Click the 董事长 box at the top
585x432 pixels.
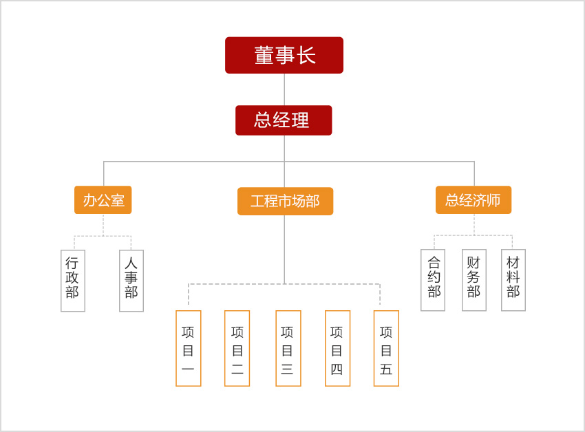[x=284, y=55]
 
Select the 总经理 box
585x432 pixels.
[x=284, y=120]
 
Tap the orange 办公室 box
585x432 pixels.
[x=103, y=200]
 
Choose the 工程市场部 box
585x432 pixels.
[x=285, y=201]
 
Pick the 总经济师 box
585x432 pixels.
[x=474, y=200]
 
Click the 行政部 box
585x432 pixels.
[x=73, y=281]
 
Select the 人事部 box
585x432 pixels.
[x=131, y=281]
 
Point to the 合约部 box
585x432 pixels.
[x=433, y=280]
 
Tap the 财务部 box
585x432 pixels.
[x=474, y=280]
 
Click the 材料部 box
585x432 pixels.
[x=513, y=280]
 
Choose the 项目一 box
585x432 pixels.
[x=189, y=348]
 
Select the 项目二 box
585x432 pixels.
[x=237, y=348]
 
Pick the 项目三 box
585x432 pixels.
[x=288, y=348]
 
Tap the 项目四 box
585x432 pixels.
[x=337, y=348]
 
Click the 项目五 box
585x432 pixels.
[x=386, y=348]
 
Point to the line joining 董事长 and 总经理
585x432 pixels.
[x=284, y=89]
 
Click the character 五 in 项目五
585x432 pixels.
[x=386, y=369]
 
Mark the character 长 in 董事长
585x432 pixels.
[x=306, y=55]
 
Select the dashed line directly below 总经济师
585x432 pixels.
[x=474, y=224]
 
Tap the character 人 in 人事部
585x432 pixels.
[x=131, y=263]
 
